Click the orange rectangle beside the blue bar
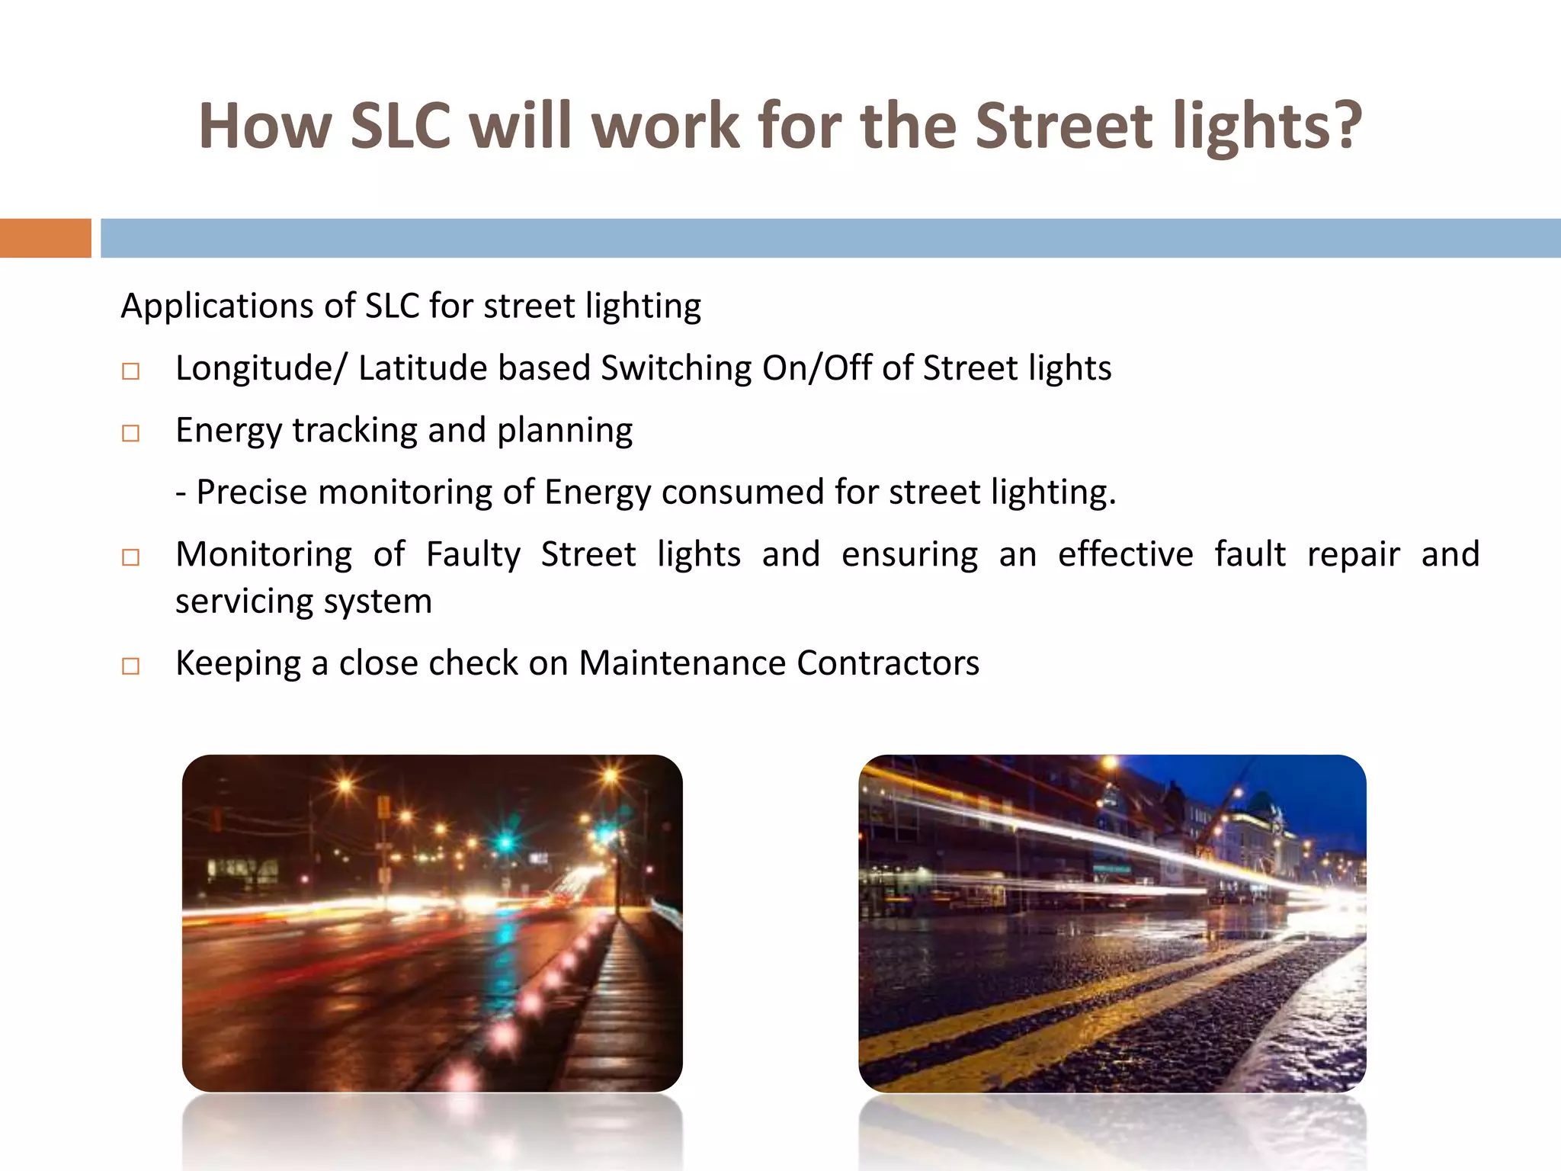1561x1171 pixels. click(45, 238)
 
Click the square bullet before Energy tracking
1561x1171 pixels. click(131, 433)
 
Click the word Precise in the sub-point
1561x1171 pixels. click(252, 492)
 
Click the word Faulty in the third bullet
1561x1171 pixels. click(473, 554)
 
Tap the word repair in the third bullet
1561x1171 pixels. click(1353, 554)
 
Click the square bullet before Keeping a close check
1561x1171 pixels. click(131, 666)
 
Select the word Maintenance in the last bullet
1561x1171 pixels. click(681, 663)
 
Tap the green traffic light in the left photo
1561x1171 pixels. click(505, 842)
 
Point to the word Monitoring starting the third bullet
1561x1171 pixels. click(264, 554)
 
